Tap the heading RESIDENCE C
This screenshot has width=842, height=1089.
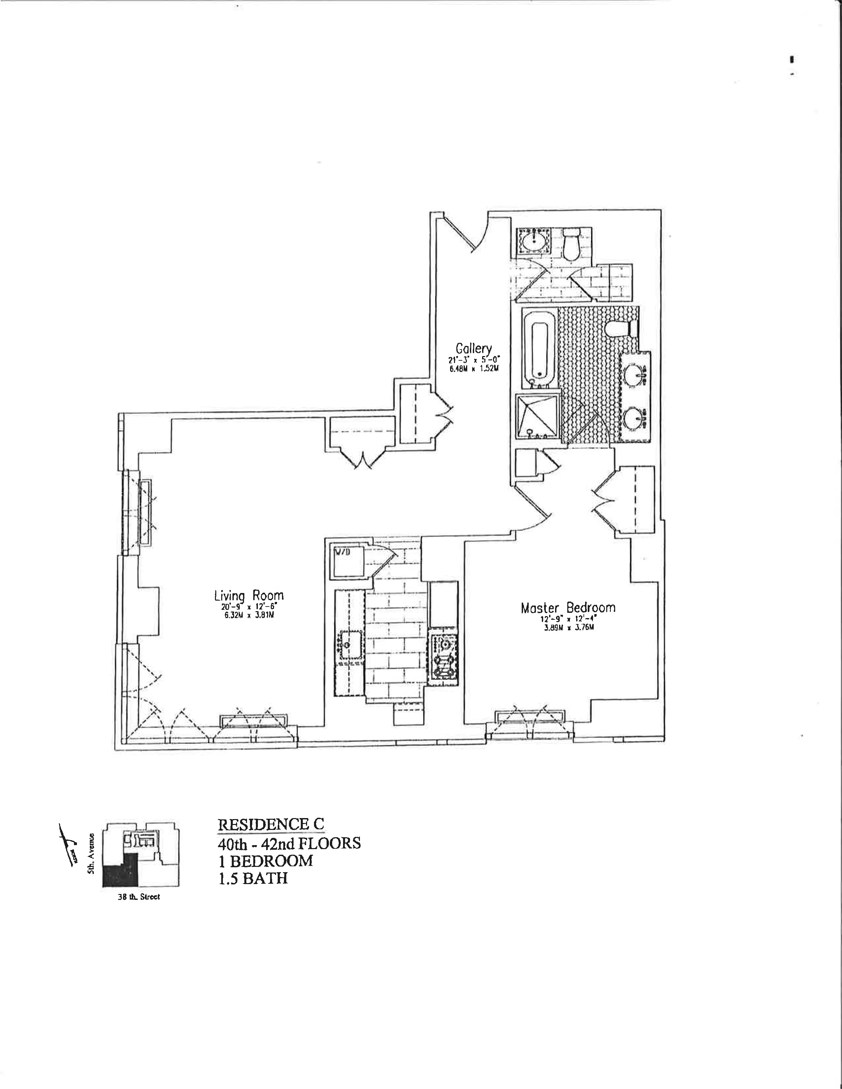click(x=271, y=824)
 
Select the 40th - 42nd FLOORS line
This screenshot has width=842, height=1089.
click(x=289, y=843)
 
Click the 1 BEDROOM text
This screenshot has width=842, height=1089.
click(x=265, y=861)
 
